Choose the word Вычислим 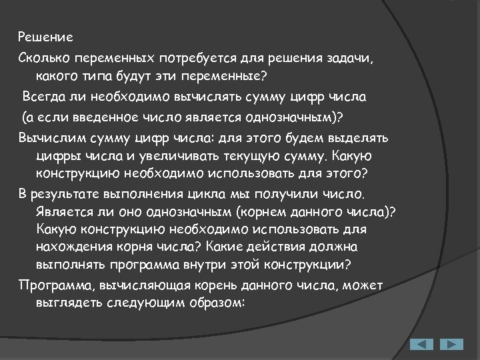pyautogui.click(x=47, y=138)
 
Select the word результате pyautogui.click(x=65, y=194)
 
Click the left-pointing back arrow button pyautogui.click(x=421, y=345)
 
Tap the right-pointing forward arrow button pyautogui.click(x=451, y=345)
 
